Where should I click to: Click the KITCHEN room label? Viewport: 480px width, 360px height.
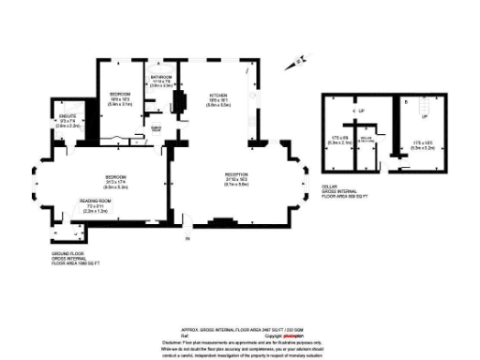point(217,96)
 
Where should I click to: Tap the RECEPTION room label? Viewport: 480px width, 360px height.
point(235,174)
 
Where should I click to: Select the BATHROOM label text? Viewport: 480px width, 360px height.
point(160,77)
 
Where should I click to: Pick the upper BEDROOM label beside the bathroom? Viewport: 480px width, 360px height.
point(119,95)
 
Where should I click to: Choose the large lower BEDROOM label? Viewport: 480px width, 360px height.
point(115,176)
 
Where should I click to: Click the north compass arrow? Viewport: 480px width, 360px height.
point(299,63)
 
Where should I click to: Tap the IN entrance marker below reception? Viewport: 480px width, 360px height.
point(187,240)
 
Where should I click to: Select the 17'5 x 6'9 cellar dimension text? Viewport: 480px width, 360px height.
point(340,139)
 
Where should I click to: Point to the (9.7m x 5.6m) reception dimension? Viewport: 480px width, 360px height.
point(235,185)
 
